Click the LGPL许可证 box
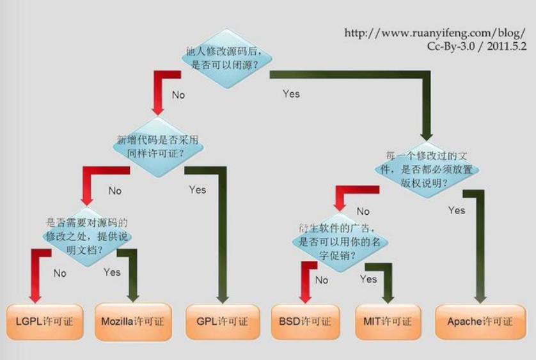pos(45,321)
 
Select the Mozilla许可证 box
pos(132,321)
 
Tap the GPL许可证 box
pos(223,321)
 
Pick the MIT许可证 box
pos(388,321)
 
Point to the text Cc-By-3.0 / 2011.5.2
pos(477,47)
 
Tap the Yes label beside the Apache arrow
pos(457,210)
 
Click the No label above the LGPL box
pos(60,273)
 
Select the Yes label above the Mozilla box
pos(112,272)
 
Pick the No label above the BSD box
pos(322,280)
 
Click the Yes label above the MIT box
pos(368,279)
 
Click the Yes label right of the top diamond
pos(291,94)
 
